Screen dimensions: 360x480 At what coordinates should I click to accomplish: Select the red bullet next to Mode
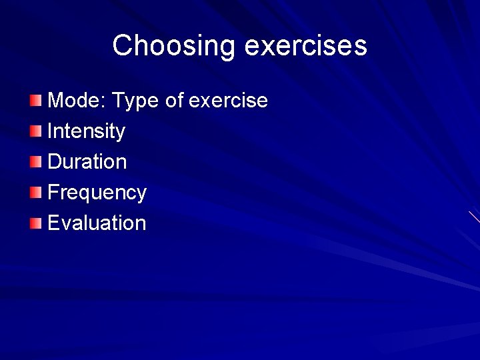coord(35,101)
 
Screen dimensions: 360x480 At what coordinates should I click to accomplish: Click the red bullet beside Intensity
coord(35,131)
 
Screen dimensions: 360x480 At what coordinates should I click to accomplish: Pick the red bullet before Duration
coord(35,162)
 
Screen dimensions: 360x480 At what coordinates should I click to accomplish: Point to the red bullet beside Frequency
coord(35,193)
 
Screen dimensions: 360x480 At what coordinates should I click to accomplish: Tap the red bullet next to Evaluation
coord(35,223)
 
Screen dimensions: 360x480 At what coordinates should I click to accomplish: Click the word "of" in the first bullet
coord(174,101)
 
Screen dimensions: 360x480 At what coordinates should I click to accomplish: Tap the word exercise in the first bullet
coord(228,101)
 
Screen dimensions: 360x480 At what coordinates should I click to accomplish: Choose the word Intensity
coord(87,131)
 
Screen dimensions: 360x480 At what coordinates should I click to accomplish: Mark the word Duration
coord(87,162)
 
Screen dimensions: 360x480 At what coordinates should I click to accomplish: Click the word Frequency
coord(97,193)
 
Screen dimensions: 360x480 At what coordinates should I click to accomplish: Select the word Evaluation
coord(97,223)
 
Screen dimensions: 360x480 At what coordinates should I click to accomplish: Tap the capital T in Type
coord(118,101)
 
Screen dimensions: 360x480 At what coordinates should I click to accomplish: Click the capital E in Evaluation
coord(54,223)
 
